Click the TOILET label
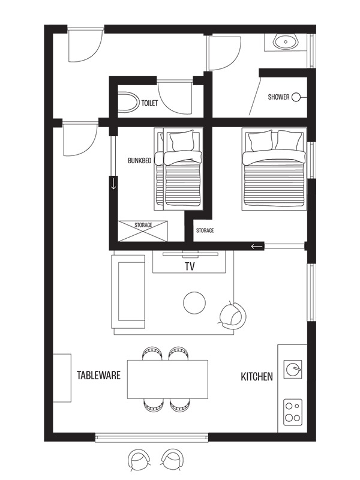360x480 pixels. coord(149,103)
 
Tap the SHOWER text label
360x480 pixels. coord(278,97)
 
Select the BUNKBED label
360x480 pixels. coord(140,160)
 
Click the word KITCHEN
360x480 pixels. coord(257,377)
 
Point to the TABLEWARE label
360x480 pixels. coord(98,376)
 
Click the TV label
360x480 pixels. coord(190,266)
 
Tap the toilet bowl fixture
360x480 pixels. coord(128,102)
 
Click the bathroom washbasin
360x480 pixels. coord(286,41)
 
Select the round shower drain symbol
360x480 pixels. coord(296,97)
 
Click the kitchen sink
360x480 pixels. coord(293,369)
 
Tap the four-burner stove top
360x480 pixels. coord(293,412)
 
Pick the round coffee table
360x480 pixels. coord(194,302)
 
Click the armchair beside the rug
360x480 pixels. coord(233,316)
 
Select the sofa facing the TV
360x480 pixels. coord(128,292)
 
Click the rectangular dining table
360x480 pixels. coord(168,379)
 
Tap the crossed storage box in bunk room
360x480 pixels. coord(143,231)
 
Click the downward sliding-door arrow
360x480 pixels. coord(113,184)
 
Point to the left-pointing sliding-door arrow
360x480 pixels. coord(257,246)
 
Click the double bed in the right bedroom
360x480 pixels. coord(274,169)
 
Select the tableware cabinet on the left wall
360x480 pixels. coord(62,378)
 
